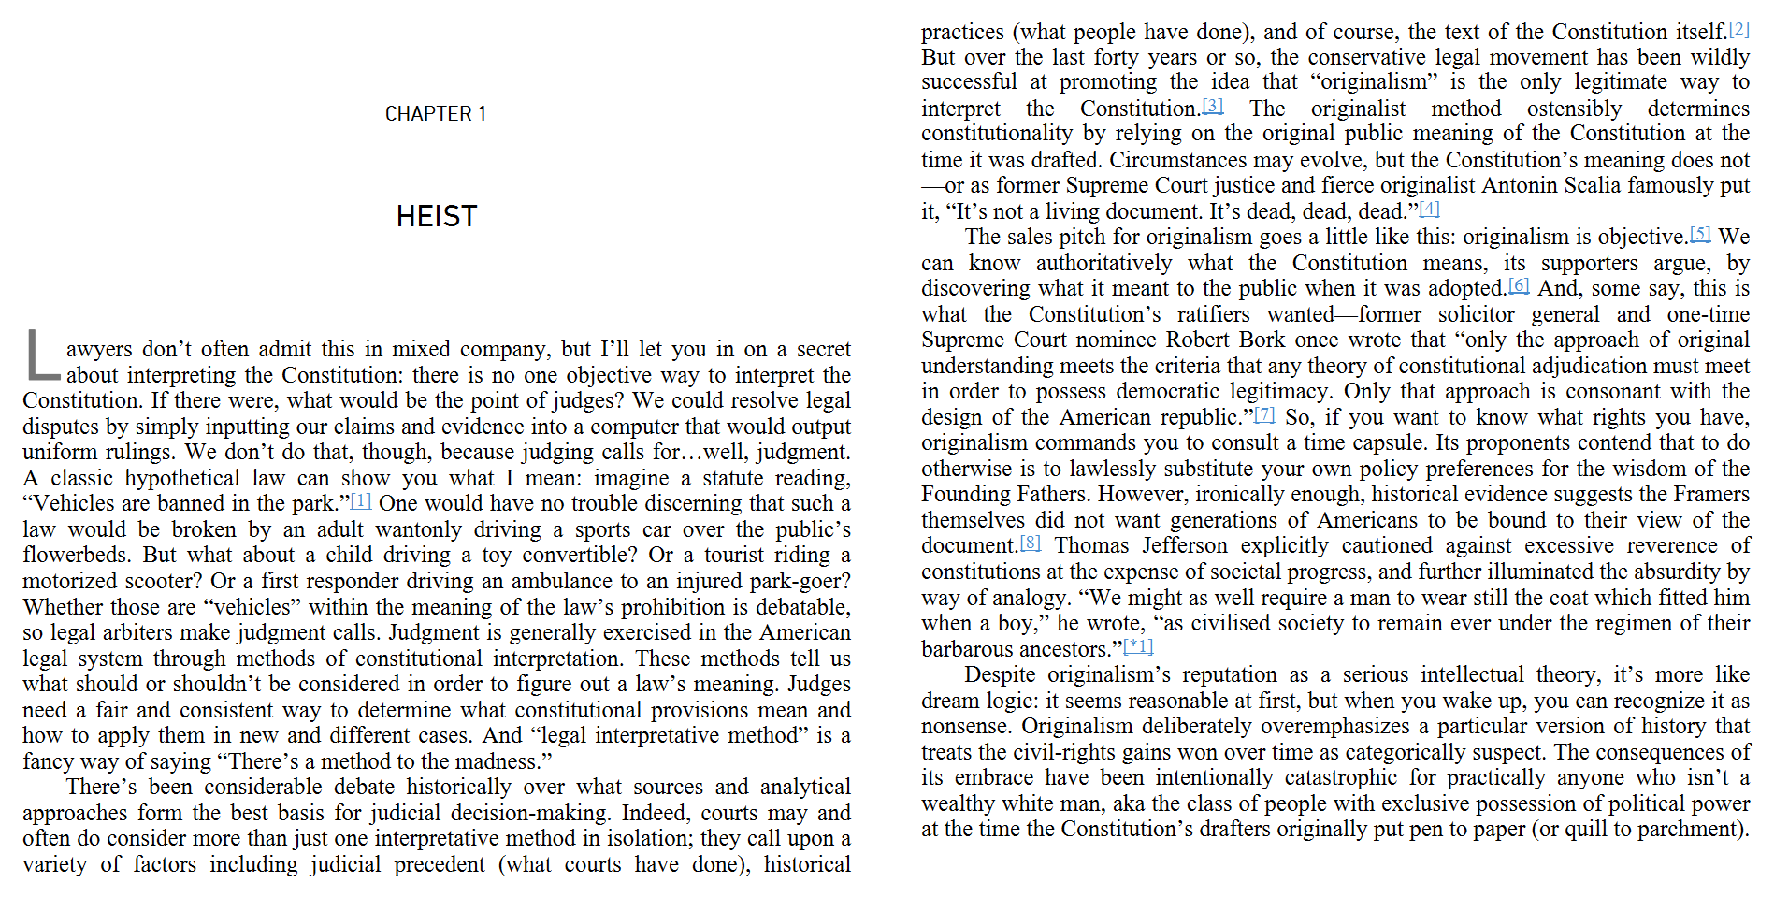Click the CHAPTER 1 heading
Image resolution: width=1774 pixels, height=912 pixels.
coord(436,114)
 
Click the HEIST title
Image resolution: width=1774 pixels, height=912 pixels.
coord(437,217)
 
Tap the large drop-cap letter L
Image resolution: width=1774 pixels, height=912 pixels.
coord(42,355)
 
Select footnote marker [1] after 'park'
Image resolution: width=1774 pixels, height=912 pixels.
coord(361,501)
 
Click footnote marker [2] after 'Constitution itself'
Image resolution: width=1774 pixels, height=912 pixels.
coord(1738,29)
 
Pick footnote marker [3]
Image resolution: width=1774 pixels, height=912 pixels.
coord(1213,106)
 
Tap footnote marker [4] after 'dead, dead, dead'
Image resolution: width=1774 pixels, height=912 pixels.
coord(1430,209)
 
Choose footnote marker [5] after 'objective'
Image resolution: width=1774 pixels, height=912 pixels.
coord(1701,234)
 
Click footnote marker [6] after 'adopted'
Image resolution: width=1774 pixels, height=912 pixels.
coord(1519,285)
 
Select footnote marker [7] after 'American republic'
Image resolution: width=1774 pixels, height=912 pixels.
coord(1264,414)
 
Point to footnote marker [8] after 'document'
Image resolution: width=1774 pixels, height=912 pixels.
coord(1030,543)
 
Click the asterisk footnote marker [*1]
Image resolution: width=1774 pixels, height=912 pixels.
coord(1138,646)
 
